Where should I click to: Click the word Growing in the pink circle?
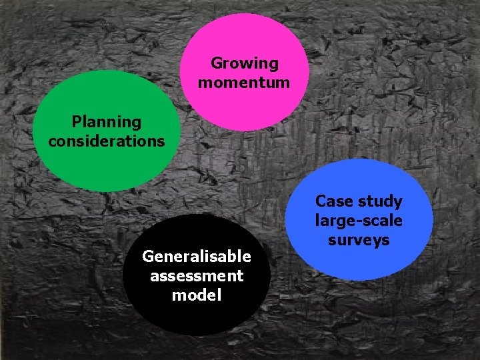coord(244,64)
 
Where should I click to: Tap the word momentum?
coord(244,83)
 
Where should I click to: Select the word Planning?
coord(107,122)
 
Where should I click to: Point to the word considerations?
coord(107,141)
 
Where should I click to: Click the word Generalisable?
coord(197,257)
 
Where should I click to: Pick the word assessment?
coord(197,275)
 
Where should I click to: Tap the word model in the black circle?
coord(197,295)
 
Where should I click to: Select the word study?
coord(379,201)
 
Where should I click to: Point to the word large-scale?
coord(359,221)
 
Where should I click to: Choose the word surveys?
coord(359,240)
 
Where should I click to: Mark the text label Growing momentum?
coord(244,73)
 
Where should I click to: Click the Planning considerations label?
coord(107,131)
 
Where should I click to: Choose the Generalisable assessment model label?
coord(197,275)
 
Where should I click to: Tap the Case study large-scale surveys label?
coord(359,221)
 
